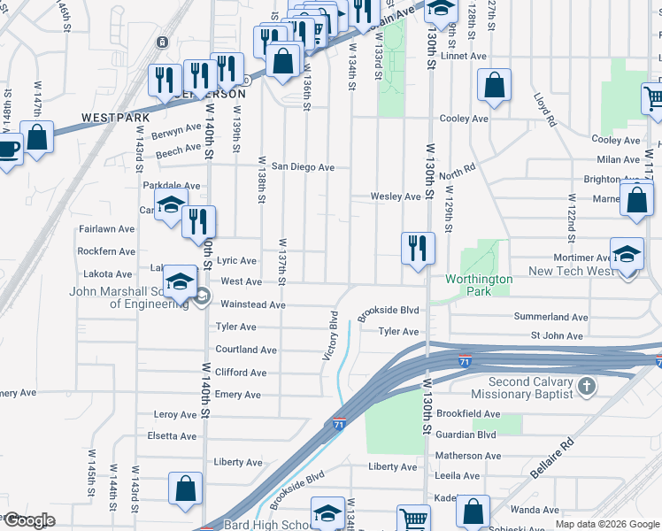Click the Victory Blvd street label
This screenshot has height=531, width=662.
tap(329, 335)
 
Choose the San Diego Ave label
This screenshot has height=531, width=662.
tap(303, 166)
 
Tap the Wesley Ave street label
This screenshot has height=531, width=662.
tap(395, 196)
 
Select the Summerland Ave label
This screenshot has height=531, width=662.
tap(550, 317)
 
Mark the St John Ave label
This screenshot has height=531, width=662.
tap(557, 336)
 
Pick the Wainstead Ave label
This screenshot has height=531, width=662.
tap(252, 304)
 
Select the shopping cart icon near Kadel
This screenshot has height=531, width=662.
tap(413, 519)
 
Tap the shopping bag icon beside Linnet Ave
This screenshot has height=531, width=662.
tap(495, 85)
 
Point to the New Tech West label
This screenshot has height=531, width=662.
tap(569, 271)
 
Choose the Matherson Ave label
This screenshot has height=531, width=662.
tap(468, 456)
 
